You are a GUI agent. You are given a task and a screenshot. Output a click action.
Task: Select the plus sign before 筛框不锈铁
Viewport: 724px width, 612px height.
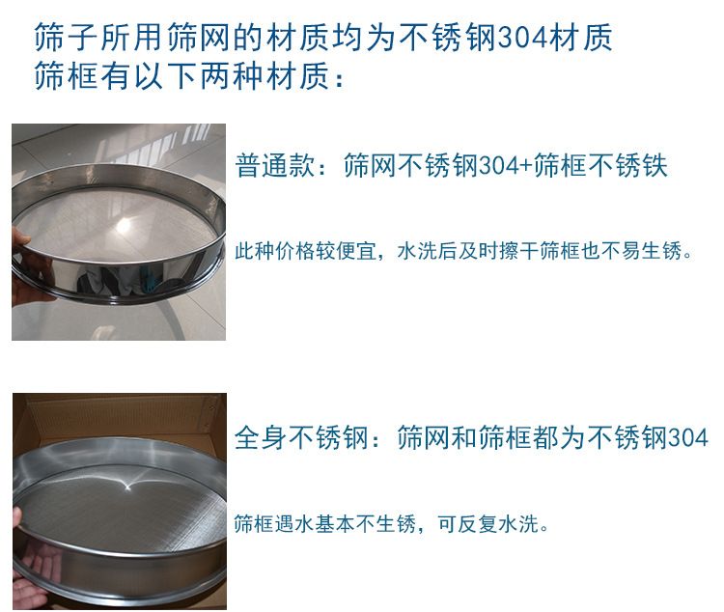pyautogui.click(x=527, y=166)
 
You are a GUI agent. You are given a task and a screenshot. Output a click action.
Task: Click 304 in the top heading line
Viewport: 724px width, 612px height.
pyautogui.click(x=523, y=38)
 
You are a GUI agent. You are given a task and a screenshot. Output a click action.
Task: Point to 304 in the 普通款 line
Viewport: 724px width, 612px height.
pyautogui.click(x=499, y=166)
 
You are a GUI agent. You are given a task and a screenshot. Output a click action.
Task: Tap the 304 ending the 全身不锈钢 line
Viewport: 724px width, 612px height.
pyautogui.click(x=687, y=437)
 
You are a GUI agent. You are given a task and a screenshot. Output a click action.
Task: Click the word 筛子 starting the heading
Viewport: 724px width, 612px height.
pyautogui.click(x=65, y=38)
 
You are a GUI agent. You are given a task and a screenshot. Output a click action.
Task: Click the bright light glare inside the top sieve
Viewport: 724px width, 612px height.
pyautogui.click(x=124, y=226)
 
